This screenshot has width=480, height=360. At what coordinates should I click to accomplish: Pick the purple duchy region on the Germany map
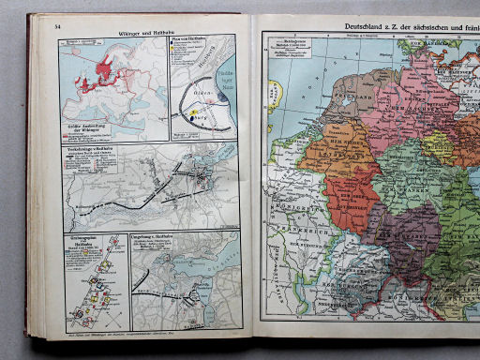[x=394, y=234]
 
